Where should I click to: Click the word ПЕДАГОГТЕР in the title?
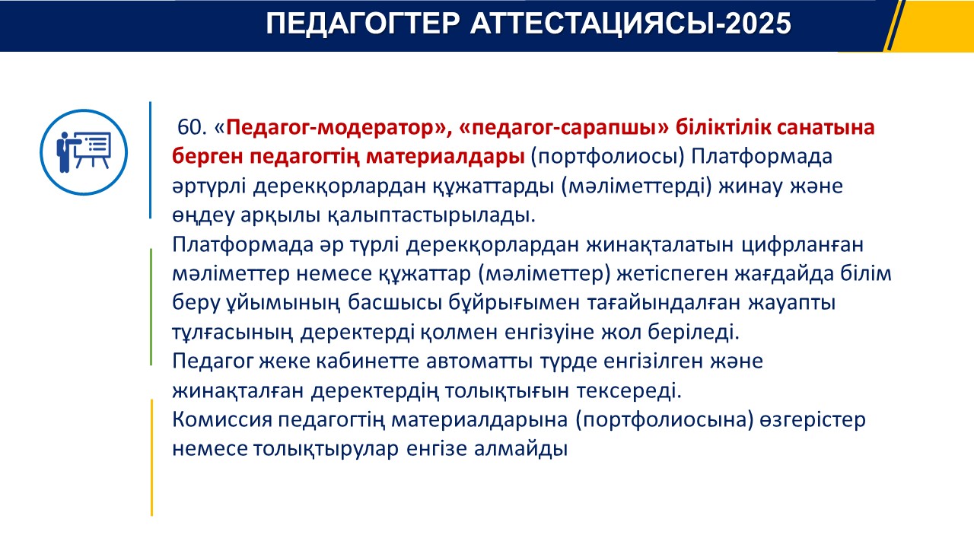[363, 24]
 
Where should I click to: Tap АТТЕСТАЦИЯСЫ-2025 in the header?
[631, 24]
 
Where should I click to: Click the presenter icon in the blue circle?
[84, 151]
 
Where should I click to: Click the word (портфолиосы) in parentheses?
[607, 157]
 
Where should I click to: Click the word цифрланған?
[802, 245]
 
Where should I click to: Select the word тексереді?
[629, 391]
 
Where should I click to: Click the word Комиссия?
[221, 419]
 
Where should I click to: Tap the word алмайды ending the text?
[520, 449]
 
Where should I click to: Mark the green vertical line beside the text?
[151, 307]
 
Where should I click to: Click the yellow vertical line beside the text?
[151, 457]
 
